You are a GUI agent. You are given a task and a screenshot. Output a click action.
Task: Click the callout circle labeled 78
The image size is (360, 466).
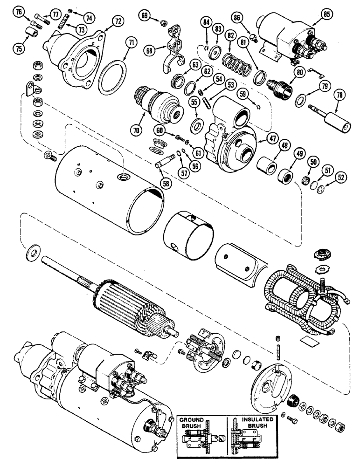(x=339, y=96)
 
